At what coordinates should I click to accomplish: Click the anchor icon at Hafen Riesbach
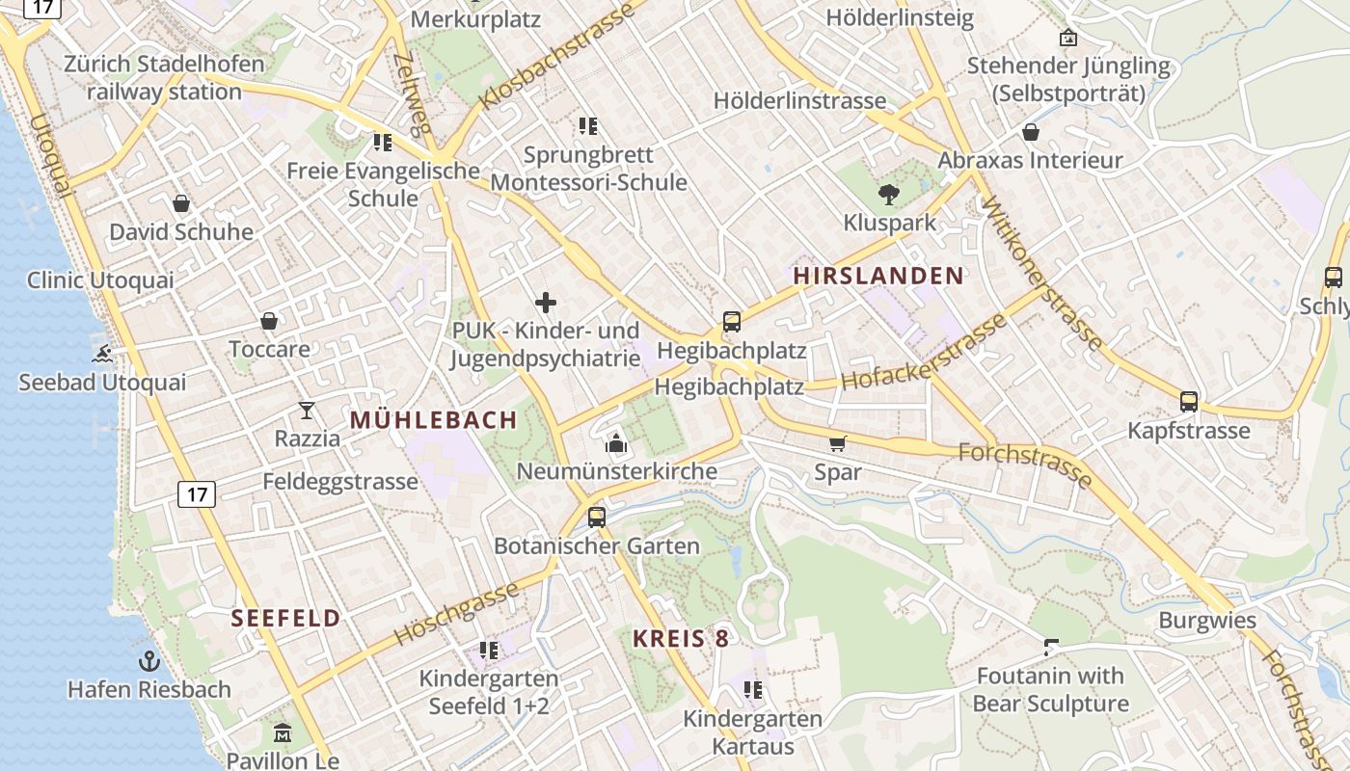tap(148, 661)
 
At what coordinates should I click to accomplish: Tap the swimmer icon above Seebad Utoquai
tap(101, 354)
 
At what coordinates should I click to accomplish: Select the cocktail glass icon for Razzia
tap(307, 411)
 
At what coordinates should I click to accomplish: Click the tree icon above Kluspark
tap(889, 195)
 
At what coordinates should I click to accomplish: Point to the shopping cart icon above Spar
tap(837, 443)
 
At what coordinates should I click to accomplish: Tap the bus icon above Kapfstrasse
tap(1189, 402)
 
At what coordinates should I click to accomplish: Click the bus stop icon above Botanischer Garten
tap(597, 518)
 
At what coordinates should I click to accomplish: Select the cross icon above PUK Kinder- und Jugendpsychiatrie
tap(546, 303)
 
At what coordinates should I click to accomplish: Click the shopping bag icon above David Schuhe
tap(180, 203)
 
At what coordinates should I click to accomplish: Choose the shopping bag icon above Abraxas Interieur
tap(1031, 132)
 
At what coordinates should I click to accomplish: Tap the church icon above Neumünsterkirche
tap(616, 443)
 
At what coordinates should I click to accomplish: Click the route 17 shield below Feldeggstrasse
tap(197, 495)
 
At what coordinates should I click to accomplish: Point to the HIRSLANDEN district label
tap(877, 276)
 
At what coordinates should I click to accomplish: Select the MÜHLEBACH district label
tap(434, 420)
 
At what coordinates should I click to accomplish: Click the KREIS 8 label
tap(681, 638)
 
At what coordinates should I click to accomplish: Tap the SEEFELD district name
tap(285, 619)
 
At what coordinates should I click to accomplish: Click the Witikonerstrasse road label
tap(1041, 272)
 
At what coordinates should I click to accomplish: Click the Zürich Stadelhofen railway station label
tap(164, 78)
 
